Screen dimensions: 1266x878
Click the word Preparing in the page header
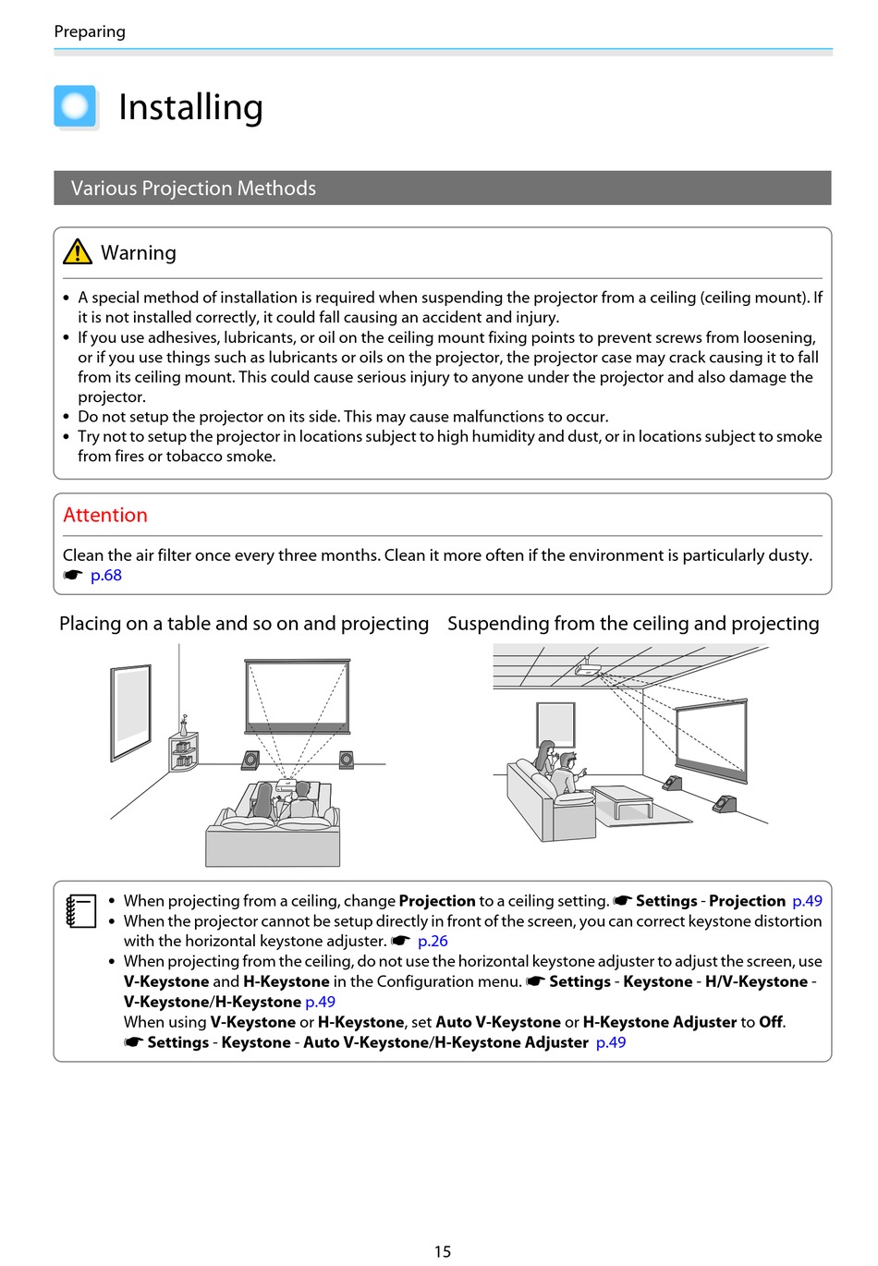click(90, 31)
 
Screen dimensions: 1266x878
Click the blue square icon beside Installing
click(75, 106)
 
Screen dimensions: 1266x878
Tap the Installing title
click(190, 107)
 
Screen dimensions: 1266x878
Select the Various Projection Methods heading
click(193, 189)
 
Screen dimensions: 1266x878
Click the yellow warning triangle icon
click(78, 251)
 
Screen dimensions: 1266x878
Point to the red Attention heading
click(105, 516)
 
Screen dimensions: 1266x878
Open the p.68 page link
click(106, 576)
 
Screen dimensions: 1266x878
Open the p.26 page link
click(433, 941)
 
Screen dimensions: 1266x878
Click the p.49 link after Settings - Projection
click(807, 901)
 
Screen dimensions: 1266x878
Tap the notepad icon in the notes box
click(81, 910)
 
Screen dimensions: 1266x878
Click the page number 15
click(443, 1251)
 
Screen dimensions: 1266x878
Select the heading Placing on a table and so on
click(244, 624)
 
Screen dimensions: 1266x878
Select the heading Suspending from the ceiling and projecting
click(633, 624)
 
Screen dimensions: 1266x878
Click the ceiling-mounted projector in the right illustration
click(587, 668)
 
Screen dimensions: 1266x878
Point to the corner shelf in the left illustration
click(183, 749)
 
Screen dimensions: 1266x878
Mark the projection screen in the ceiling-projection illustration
click(711, 736)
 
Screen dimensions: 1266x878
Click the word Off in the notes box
click(771, 1022)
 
